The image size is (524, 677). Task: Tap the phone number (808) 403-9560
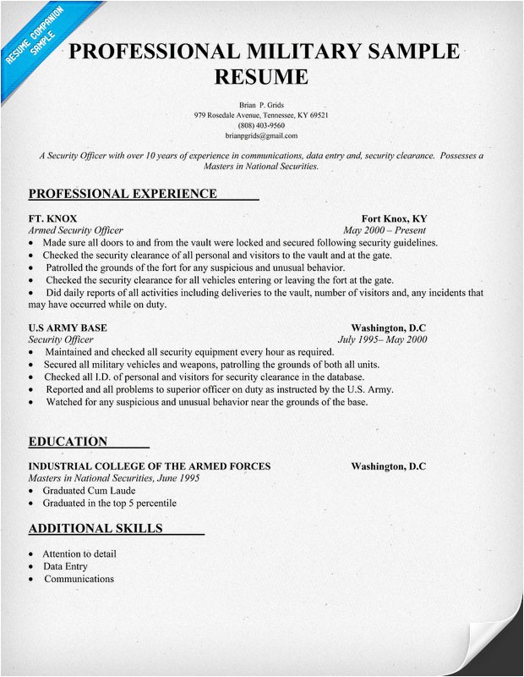click(x=261, y=125)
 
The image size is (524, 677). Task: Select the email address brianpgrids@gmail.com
click(x=261, y=135)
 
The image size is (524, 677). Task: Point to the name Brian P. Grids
click(x=261, y=103)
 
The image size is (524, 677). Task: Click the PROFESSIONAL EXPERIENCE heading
click(x=123, y=194)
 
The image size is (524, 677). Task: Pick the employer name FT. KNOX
click(x=52, y=217)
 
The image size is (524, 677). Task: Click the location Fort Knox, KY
click(x=393, y=217)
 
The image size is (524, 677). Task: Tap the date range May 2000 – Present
click(x=385, y=230)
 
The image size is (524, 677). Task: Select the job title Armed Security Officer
click(x=76, y=230)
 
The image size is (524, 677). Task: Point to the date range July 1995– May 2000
click(x=382, y=339)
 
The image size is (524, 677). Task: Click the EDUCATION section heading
click(x=68, y=442)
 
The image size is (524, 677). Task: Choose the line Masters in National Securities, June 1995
click(x=114, y=478)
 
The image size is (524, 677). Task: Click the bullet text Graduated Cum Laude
click(x=89, y=491)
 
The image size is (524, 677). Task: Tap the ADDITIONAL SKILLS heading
click(x=96, y=530)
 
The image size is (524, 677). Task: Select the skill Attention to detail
click(x=79, y=554)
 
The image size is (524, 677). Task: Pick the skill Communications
click(x=79, y=580)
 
